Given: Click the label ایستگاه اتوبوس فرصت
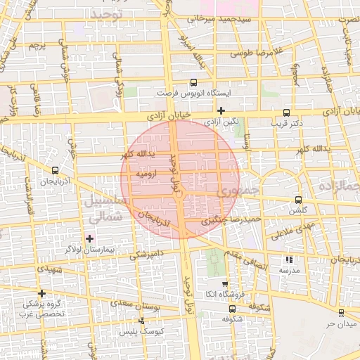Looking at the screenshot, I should tap(193, 92).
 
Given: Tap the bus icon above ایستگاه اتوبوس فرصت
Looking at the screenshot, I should tap(193, 82).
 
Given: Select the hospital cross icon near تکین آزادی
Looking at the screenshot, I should tap(221, 110).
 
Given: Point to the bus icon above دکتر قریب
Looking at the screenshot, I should tap(286, 112).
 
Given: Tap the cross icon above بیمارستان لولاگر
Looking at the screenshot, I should tap(89, 239).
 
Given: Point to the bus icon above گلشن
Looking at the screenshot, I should tap(298, 200).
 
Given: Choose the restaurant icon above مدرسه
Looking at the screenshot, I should tap(291, 259).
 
